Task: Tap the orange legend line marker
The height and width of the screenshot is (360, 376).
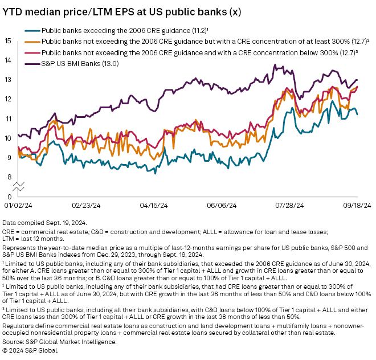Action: (32, 41)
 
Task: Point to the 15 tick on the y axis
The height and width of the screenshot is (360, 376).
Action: (8, 41)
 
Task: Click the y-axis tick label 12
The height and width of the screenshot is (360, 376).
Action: (8, 99)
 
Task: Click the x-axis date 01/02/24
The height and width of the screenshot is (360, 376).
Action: (18, 205)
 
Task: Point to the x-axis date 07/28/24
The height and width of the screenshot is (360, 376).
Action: (288, 205)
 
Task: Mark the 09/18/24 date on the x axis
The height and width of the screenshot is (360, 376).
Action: (357, 205)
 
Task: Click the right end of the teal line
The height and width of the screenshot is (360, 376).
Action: (357, 114)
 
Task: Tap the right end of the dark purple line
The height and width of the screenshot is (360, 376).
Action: (357, 80)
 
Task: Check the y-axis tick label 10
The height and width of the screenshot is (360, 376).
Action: (8, 138)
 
